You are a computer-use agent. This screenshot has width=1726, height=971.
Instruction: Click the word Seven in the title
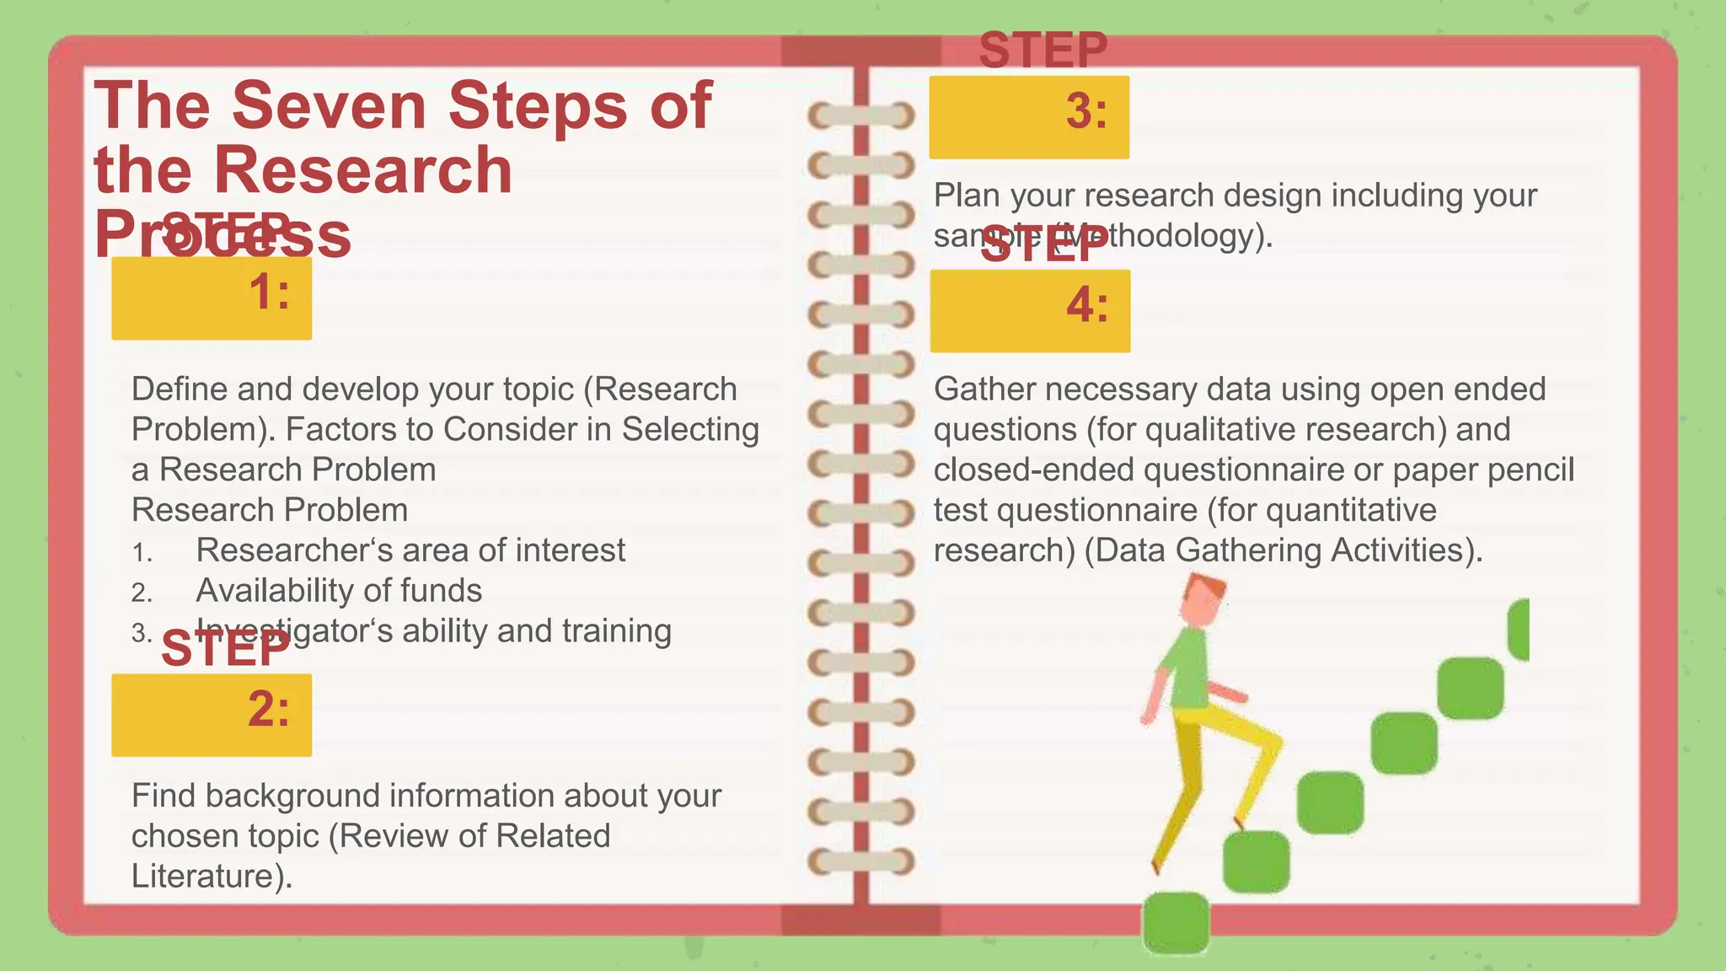coord(329,106)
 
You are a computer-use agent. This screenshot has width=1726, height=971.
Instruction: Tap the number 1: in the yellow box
coord(269,292)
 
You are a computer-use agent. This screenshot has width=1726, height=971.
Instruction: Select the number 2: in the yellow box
coord(269,709)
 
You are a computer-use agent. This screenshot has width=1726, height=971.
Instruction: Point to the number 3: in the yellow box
coord(1086,111)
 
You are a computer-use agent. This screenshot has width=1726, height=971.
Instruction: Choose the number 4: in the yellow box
coord(1087,305)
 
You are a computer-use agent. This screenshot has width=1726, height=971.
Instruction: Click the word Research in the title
coord(362,170)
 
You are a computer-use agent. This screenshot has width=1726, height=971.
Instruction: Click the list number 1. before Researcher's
coord(142,553)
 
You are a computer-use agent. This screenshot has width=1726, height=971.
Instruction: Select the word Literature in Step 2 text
coord(202,877)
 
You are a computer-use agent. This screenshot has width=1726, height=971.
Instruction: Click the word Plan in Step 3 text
coord(967,196)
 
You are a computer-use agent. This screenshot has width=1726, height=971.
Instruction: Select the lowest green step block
coord(1176,923)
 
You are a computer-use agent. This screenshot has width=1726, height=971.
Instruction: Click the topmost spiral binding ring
coord(860,115)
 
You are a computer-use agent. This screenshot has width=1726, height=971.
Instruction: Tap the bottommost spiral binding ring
coord(860,861)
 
